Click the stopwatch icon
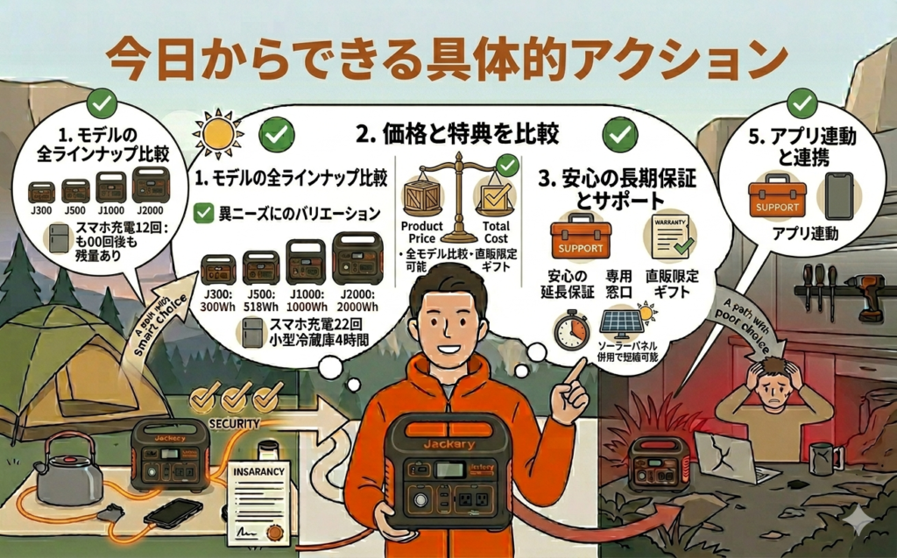click(x=571, y=330)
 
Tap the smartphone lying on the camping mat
click(x=173, y=512)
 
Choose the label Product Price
click(x=422, y=231)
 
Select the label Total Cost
click(x=495, y=231)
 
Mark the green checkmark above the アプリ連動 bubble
click(x=802, y=103)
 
